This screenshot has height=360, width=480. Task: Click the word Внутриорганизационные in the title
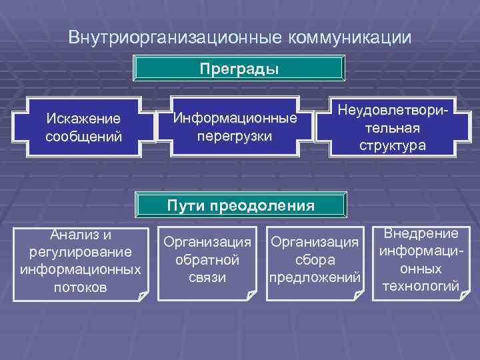pyautogui.click(x=175, y=37)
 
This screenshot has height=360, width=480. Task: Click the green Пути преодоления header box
pyautogui.click(x=241, y=206)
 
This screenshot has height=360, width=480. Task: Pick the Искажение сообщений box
pyautogui.click(x=83, y=127)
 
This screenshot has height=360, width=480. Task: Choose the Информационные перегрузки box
pyautogui.click(x=235, y=127)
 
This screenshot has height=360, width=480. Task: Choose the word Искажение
pyautogui.click(x=83, y=118)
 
